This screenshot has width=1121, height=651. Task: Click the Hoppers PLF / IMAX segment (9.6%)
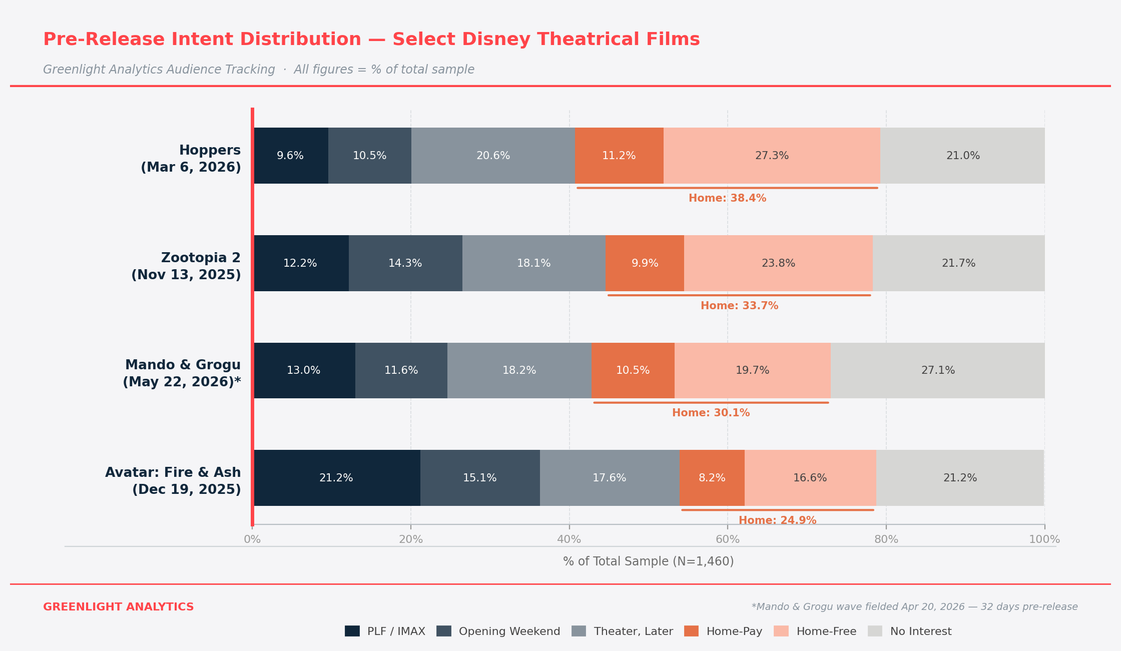click(x=291, y=156)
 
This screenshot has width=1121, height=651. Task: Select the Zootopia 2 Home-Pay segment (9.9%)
click(x=645, y=263)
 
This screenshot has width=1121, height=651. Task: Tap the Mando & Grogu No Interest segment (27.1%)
click(x=938, y=371)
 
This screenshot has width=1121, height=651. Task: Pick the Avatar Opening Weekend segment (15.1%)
click(x=480, y=478)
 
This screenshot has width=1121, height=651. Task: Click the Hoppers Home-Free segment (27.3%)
click(x=772, y=156)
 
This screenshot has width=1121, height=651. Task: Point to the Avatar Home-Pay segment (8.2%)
click(x=712, y=478)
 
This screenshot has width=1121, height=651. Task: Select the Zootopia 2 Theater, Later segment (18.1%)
click(x=533, y=263)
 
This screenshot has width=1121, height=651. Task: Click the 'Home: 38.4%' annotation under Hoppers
click(x=727, y=198)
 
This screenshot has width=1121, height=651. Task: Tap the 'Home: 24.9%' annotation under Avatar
click(x=777, y=520)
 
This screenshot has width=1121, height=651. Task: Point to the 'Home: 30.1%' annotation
click(x=711, y=413)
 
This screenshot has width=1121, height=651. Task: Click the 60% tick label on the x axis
click(x=728, y=540)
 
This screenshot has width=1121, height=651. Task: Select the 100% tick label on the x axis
click(x=1044, y=540)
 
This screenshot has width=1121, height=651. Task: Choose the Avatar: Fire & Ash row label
click(x=173, y=481)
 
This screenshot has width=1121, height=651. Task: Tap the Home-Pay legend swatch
click(x=692, y=631)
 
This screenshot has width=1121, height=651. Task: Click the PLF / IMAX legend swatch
click(x=352, y=631)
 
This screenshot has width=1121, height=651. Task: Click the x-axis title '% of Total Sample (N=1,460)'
click(x=648, y=561)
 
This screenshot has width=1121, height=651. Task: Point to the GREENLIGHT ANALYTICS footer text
click(x=119, y=607)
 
